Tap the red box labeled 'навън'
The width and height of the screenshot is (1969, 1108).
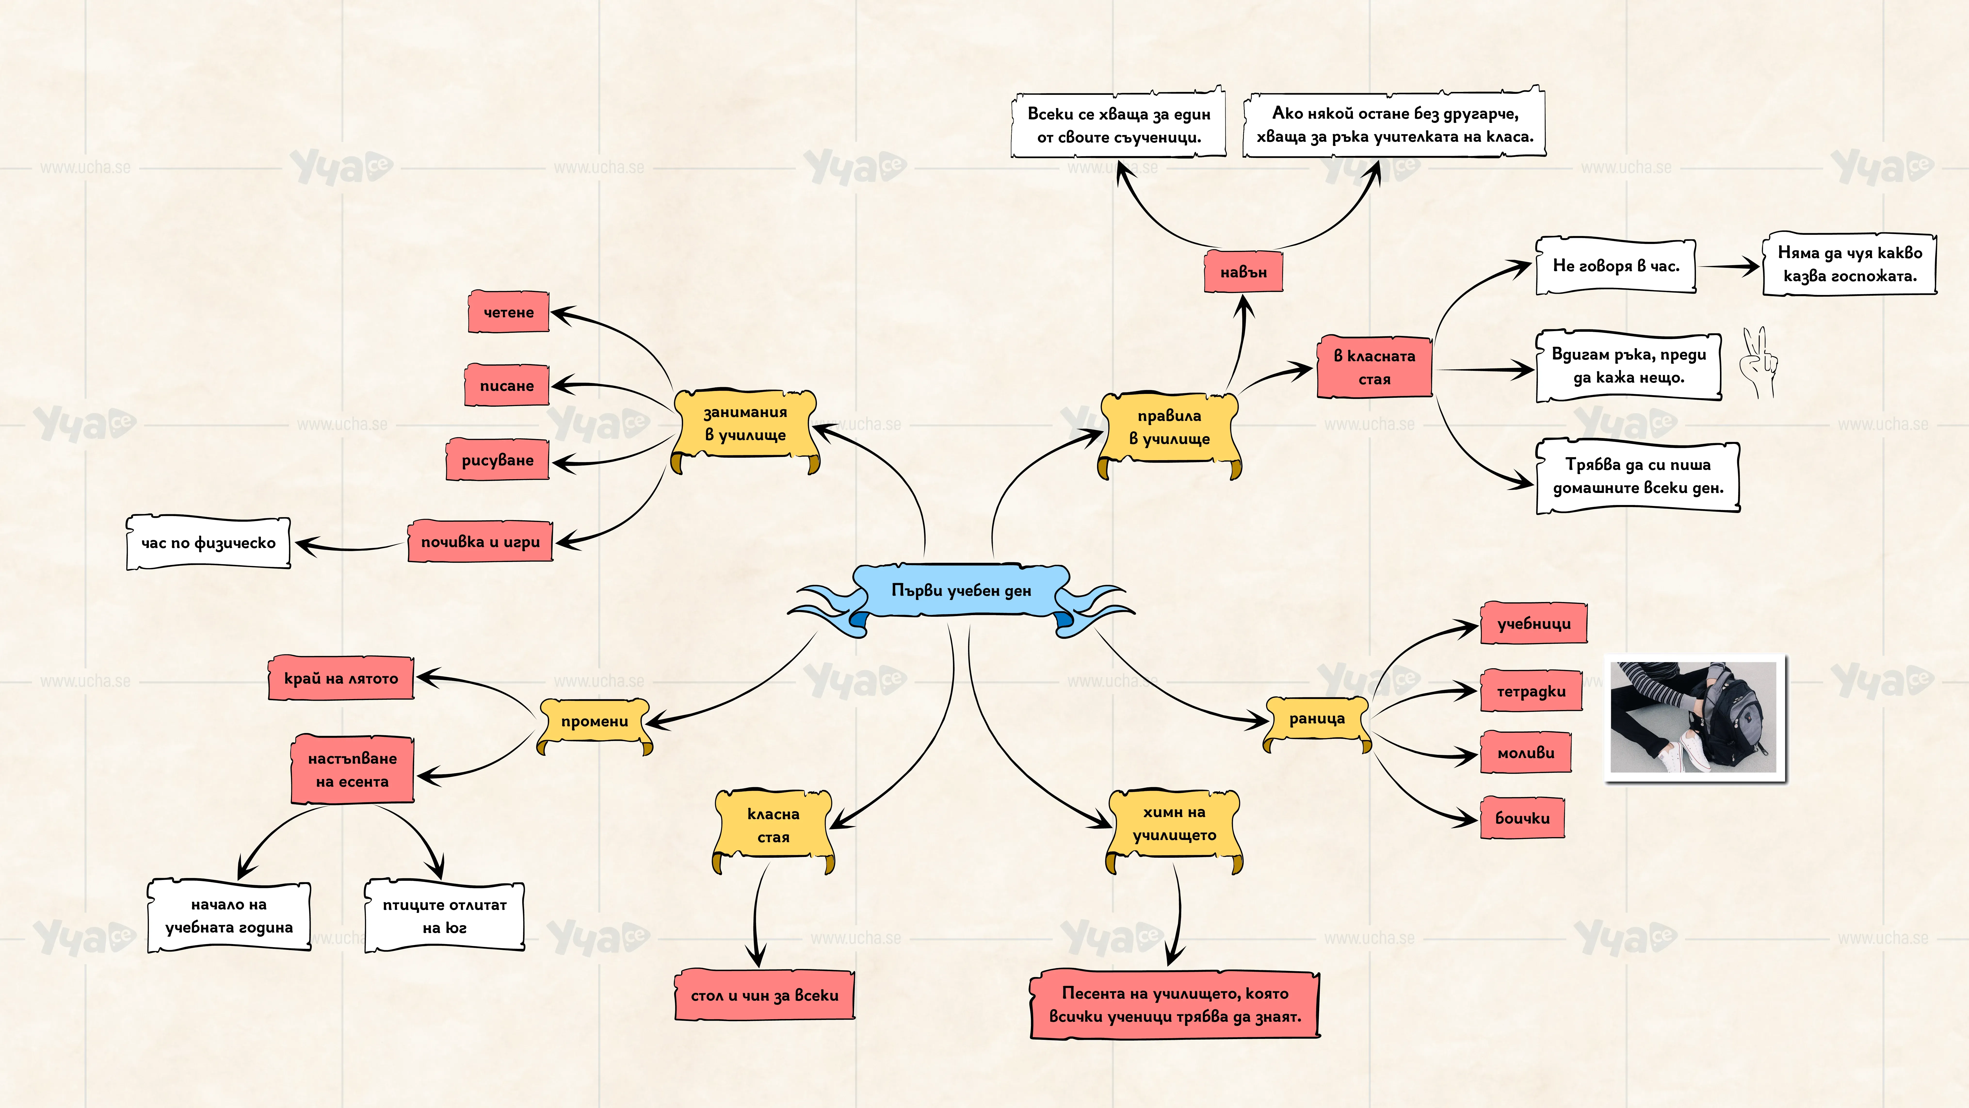tap(1244, 271)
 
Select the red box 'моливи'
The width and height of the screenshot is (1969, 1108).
tap(1526, 752)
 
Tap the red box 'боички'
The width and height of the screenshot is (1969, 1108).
tap(1523, 817)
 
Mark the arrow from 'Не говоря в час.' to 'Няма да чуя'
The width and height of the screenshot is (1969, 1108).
tap(1729, 266)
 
